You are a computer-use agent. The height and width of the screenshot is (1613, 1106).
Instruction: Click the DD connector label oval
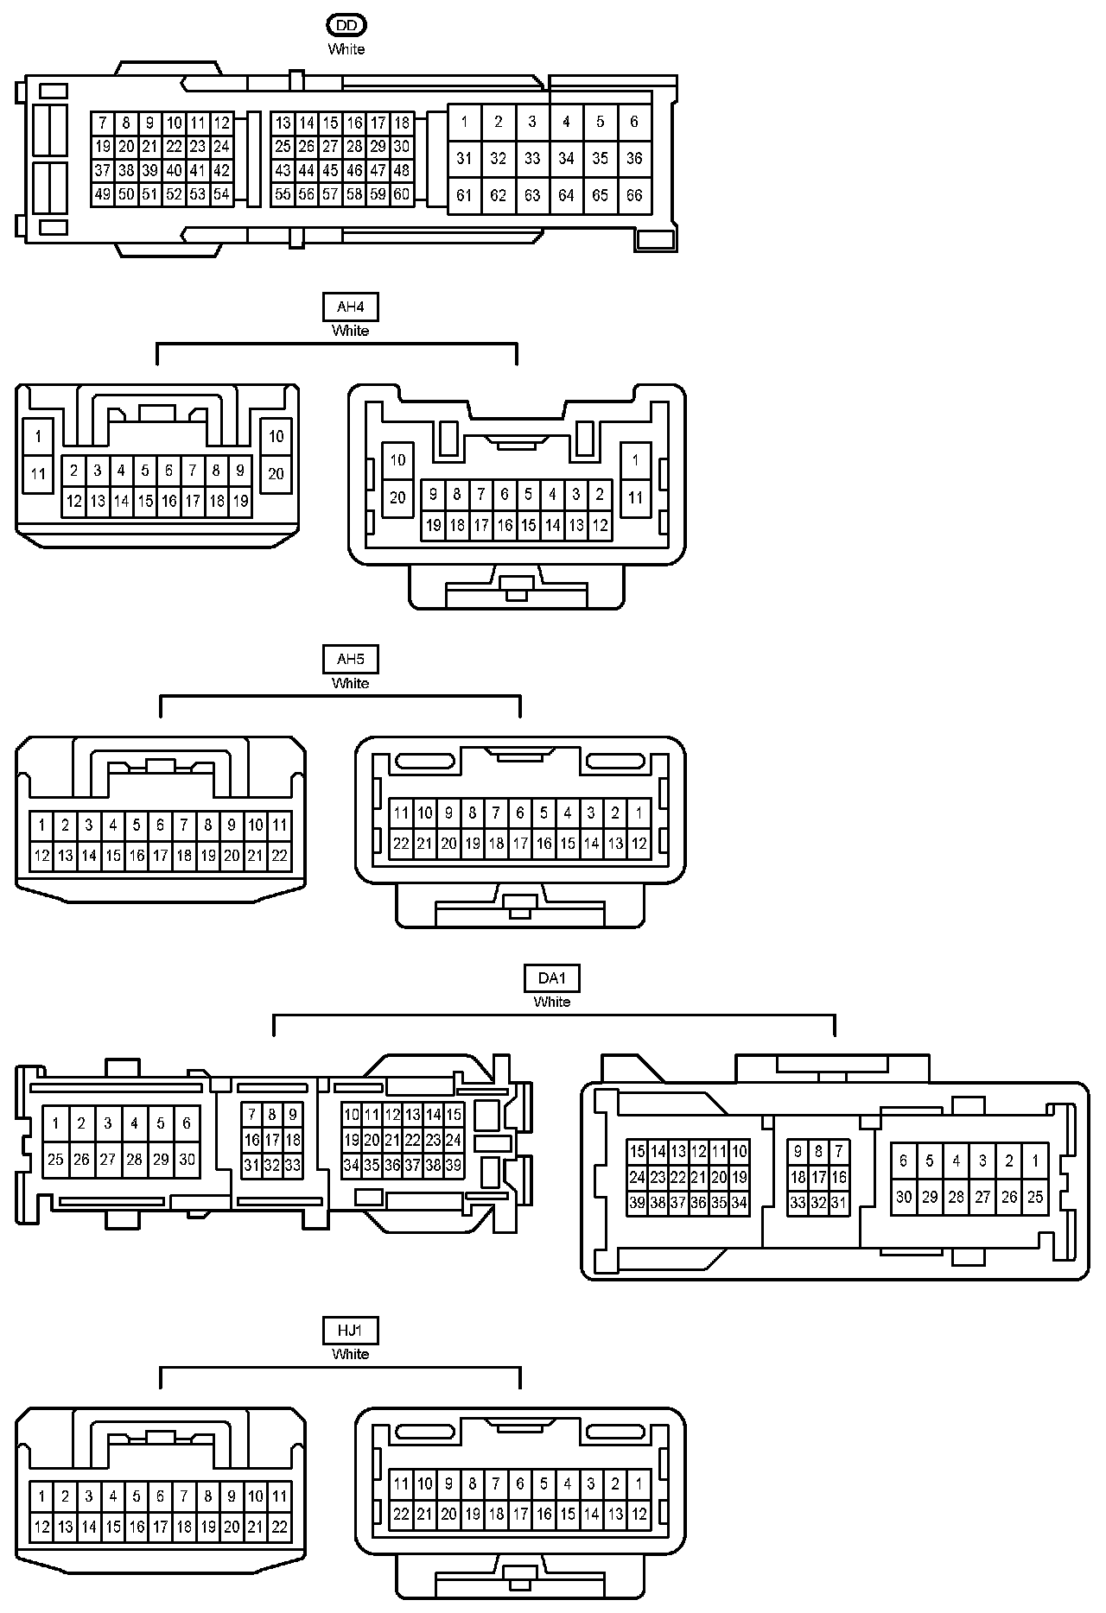(346, 26)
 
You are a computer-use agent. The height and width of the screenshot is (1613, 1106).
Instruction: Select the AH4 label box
(350, 307)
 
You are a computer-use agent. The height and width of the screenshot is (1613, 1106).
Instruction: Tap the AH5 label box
(350, 660)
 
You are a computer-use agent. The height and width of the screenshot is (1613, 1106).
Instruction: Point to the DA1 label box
(552, 978)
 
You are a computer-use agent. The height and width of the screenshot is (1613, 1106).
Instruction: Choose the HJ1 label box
(350, 1331)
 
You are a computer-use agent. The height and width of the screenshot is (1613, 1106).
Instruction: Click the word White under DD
(346, 49)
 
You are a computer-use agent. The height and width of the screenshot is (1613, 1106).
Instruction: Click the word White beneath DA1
(552, 1002)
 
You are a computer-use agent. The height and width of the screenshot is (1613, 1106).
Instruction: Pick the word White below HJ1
(350, 1354)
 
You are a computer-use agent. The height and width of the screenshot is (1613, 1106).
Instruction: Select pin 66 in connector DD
(634, 195)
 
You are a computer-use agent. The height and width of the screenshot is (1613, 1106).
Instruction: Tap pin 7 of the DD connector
(103, 123)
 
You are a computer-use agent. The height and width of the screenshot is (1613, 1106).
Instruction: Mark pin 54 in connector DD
(222, 194)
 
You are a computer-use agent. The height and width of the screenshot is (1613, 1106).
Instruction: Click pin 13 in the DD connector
(283, 123)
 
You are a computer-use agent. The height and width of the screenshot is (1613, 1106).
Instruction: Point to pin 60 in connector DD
(402, 194)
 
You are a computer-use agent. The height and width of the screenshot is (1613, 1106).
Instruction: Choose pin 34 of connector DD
(566, 158)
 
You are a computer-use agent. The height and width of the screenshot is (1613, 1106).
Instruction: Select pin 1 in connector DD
(464, 122)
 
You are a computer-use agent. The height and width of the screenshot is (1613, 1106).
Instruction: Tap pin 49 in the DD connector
(103, 194)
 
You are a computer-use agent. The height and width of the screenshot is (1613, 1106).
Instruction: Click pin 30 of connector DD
(402, 147)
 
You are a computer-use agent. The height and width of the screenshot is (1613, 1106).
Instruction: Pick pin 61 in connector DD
(464, 195)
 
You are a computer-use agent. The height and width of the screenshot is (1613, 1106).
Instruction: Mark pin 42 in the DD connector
(222, 171)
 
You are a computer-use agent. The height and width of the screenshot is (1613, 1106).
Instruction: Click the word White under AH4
(350, 331)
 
